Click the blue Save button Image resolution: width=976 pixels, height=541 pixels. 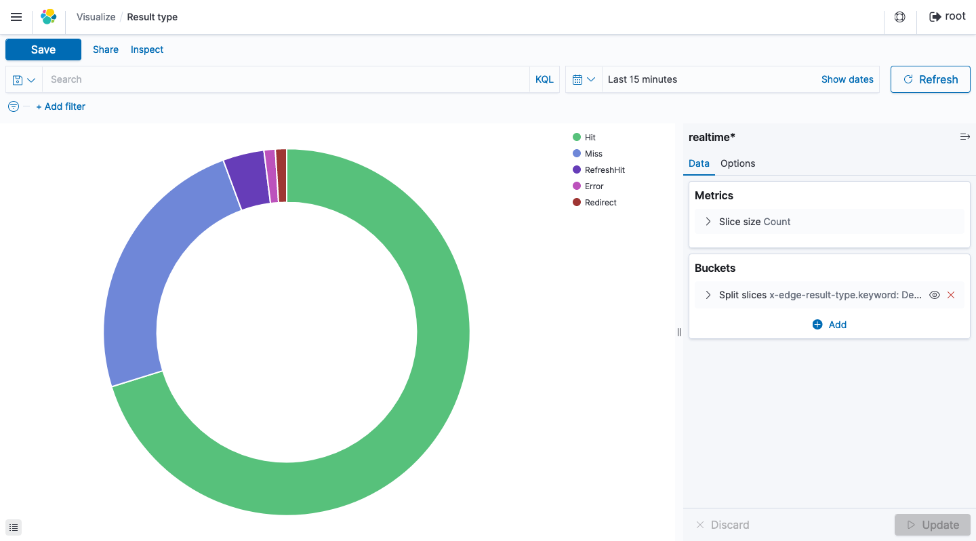tap(43, 49)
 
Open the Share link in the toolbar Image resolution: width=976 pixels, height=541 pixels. tap(106, 49)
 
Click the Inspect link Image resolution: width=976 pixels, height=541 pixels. tap(147, 49)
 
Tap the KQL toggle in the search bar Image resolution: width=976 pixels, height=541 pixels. tap(544, 79)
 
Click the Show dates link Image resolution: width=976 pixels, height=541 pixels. tap(847, 79)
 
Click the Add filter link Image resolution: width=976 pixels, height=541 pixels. tap(61, 106)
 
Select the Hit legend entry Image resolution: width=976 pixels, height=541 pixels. tap(590, 138)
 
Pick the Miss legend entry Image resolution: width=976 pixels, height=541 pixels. tap(593, 154)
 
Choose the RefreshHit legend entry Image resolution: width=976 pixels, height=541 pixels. tap(605, 170)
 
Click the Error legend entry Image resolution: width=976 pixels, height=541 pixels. tap(594, 186)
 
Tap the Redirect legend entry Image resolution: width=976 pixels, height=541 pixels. tap(601, 203)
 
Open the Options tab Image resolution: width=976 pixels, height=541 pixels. tap(737, 163)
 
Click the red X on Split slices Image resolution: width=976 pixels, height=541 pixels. tap(951, 295)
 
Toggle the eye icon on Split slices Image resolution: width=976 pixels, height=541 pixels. tap(935, 295)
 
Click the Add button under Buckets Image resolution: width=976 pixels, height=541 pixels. tap(830, 325)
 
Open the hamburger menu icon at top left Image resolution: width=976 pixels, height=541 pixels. tap(16, 17)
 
